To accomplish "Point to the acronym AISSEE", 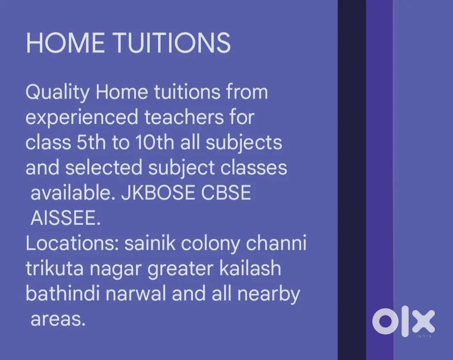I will click(x=64, y=219).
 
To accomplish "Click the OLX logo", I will click(x=403, y=323).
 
